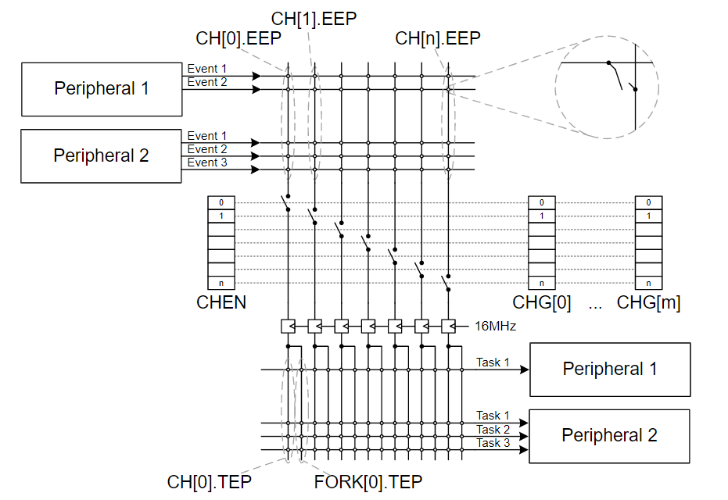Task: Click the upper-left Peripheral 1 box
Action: point(101,89)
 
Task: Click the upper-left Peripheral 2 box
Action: point(101,156)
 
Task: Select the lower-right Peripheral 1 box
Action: point(610,369)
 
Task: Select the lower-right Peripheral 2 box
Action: point(609,436)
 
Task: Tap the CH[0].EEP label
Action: point(238,38)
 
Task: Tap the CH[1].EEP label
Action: point(314,18)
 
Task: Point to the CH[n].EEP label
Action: point(437,38)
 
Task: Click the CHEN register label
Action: point(221,303)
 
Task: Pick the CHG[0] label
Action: point(542,303)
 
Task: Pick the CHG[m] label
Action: point(648,303)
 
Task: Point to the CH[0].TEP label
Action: point(210,482)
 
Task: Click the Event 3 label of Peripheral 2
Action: point(202,162)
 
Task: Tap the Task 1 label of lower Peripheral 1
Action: point(493,362)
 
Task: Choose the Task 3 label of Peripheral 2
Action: point(493,443)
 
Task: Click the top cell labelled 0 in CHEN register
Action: point(221,202)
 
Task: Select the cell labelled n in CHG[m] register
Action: point(648,283)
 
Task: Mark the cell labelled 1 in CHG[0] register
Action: point(542,216)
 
